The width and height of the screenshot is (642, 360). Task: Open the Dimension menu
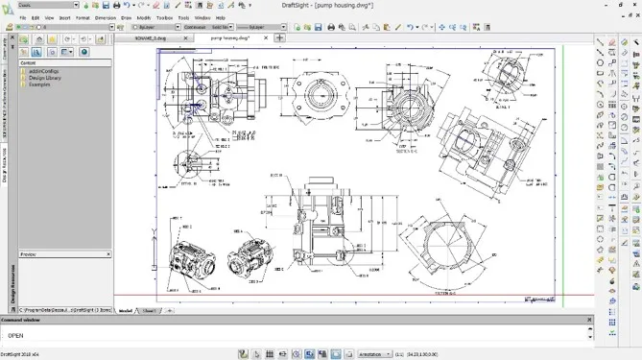106,17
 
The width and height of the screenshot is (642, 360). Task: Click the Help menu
221,17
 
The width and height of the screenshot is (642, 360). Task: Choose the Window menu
202,17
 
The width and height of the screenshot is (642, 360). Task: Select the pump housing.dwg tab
229,38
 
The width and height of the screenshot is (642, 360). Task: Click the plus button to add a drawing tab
279,38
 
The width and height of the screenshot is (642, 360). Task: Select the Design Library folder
44,78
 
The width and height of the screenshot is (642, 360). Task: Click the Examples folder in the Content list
39,84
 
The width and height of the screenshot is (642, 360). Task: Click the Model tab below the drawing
125,311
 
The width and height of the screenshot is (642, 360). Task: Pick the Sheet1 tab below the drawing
149,311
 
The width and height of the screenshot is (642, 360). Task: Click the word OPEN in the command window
15,336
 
